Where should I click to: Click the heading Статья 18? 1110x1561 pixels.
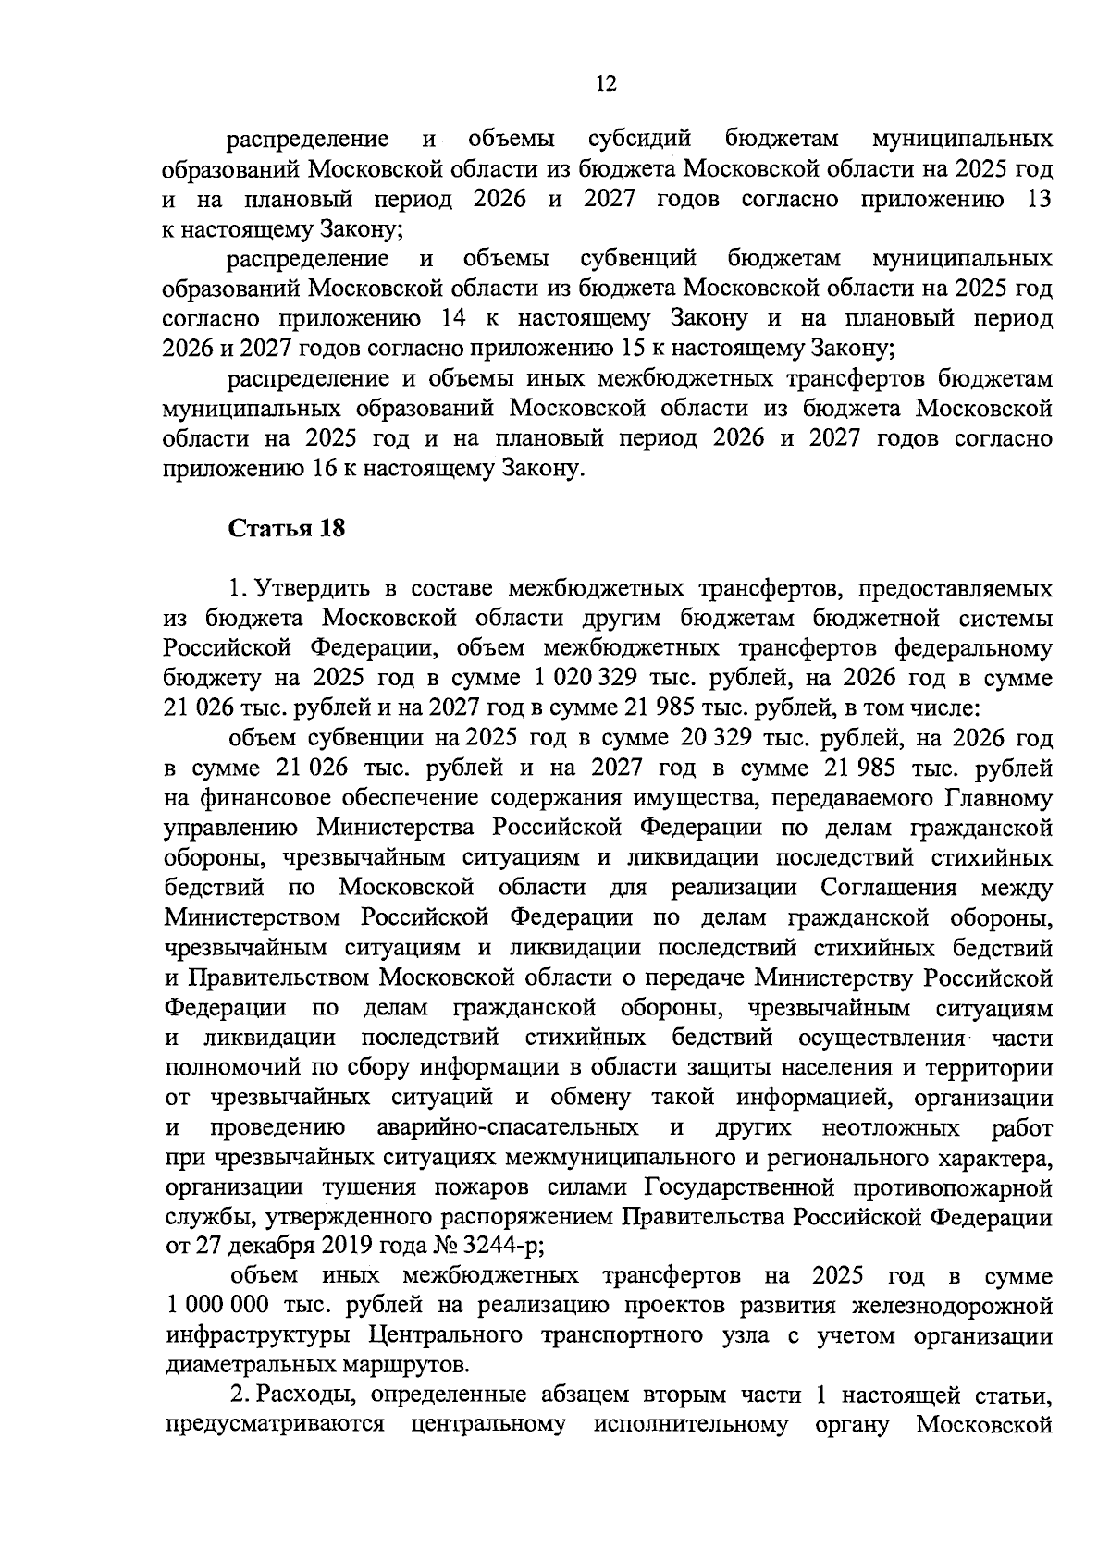click(x=286, y=528)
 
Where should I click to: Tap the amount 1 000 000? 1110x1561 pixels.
click(x=218, y=1306)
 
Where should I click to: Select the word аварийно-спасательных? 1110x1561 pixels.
click(x=508, y=1127)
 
